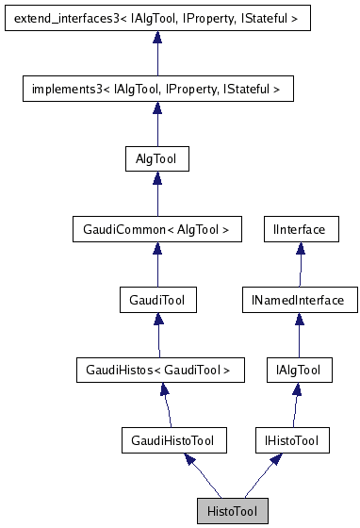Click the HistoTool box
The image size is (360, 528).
[x=232, y=511]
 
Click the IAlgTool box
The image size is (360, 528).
[x=299, y=371]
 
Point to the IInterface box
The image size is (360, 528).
[x=299, y=229]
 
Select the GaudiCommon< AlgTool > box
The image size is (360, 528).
[x=157, y=229]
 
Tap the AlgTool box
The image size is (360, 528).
[x=157, y=158]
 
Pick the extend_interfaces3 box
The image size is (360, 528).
[x=157, y=18]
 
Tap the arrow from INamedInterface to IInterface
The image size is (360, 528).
[x=299, y=265]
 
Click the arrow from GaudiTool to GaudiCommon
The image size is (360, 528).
[x=157, y=265]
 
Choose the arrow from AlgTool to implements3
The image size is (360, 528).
[x=157, y=124]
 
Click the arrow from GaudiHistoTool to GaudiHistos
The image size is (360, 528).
[x=167, y=405]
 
